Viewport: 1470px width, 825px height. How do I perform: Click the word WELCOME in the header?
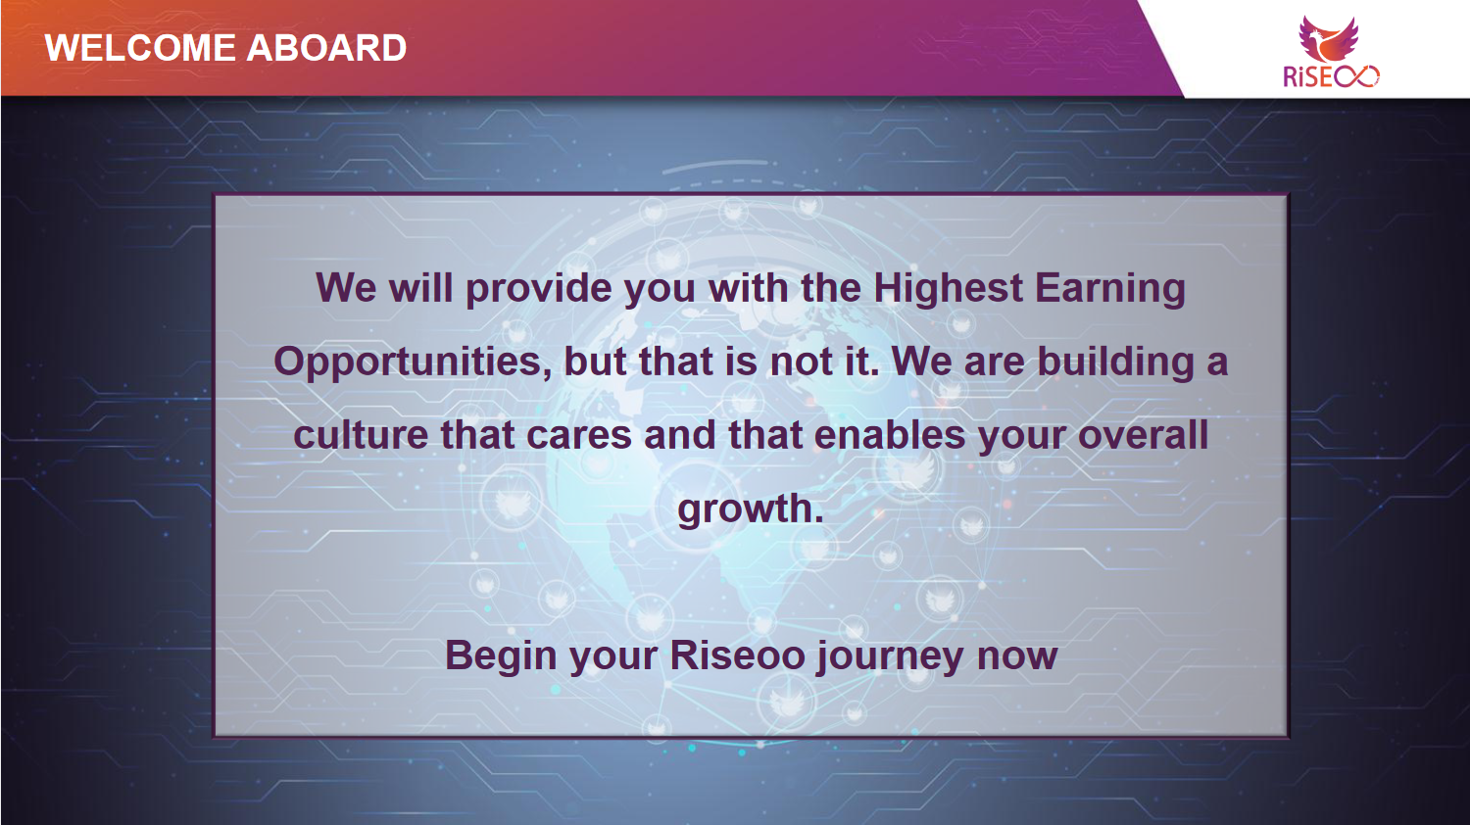click(140, 48)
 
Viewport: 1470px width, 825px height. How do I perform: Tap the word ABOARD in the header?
click(326, 48)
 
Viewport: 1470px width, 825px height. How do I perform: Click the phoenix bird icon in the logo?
click(1328, 39)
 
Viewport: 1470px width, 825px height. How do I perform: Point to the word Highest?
click(949, 289)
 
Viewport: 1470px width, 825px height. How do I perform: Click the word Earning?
click(1110, 289)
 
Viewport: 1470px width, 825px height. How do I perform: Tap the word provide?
click(538, 289)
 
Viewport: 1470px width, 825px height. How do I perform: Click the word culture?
click(361, 435)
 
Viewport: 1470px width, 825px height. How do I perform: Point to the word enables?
click(889, 435)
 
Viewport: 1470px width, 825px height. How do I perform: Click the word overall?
click(1143, 435)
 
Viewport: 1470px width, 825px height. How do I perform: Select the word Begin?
click(502, 656)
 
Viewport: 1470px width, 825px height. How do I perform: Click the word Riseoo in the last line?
click(737, 655)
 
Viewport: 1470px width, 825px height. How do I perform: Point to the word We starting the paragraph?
click(346, 289)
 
